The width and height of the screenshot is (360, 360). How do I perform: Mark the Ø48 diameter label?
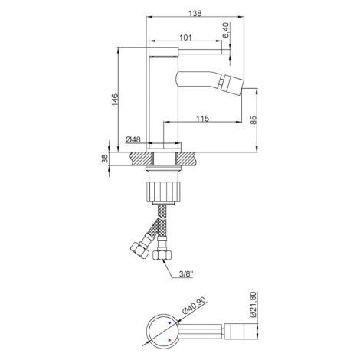[x=133, y=139]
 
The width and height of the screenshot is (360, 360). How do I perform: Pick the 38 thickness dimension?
[x=105, y=159]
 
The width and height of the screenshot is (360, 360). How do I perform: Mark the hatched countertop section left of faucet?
[x=139, y=159]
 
